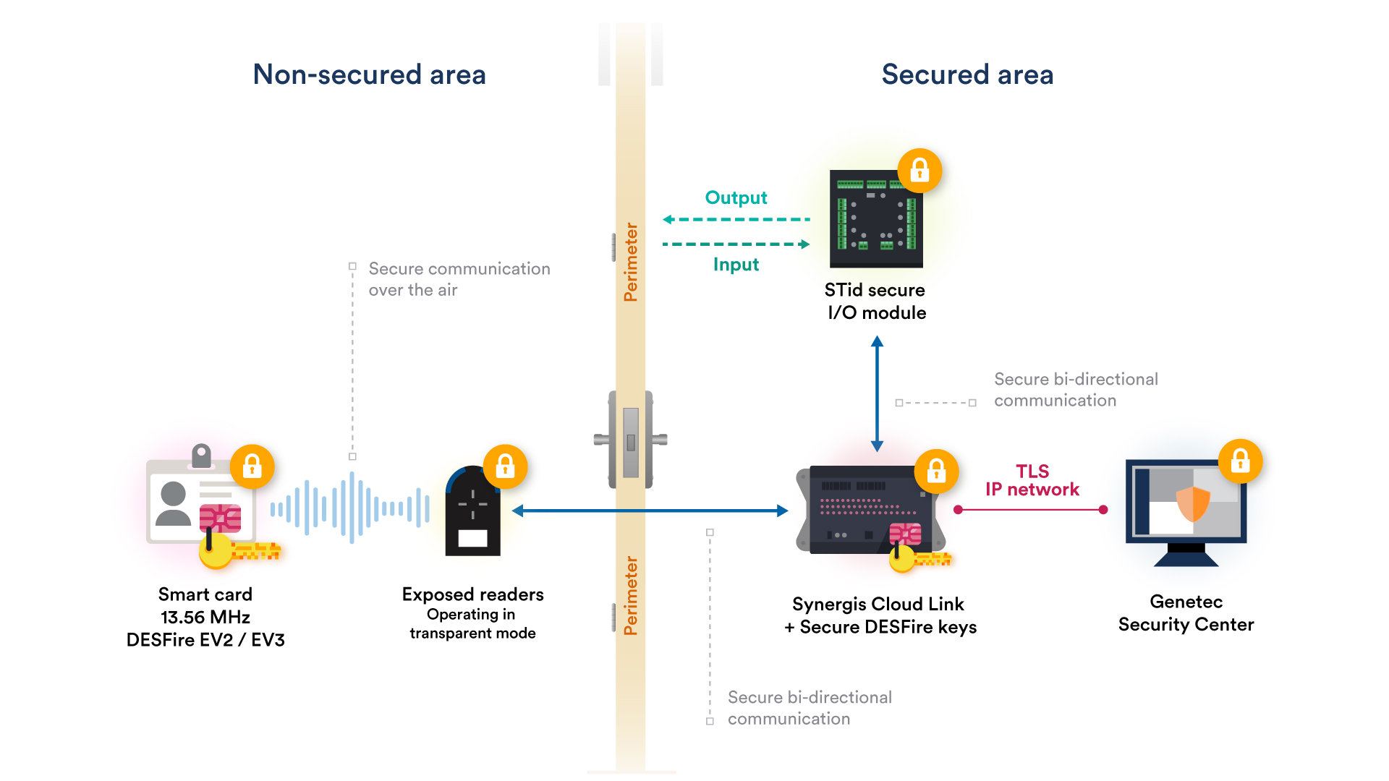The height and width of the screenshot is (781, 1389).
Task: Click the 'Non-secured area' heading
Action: tap(369, 74)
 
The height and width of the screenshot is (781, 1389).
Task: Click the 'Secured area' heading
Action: tap(967, 74)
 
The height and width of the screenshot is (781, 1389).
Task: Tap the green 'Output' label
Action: tap(736, 197)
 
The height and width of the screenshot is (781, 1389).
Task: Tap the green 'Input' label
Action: tap(736, 265)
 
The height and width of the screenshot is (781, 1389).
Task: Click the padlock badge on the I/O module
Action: tap(919, 171)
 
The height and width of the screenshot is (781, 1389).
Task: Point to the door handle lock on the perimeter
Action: tap(631, 440)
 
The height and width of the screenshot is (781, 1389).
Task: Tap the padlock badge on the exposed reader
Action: tap(505, 466)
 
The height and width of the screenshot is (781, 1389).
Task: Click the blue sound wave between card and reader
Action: tap(352, 508)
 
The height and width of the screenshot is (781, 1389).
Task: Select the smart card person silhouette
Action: tap(173, 503)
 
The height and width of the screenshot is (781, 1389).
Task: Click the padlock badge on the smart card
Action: tap(252, 466)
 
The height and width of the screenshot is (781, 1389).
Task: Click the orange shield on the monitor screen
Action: tap(1193, 503)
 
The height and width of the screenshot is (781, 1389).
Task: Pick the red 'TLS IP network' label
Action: tap(1032, 481)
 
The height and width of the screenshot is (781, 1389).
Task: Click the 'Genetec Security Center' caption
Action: tap(1186, 613)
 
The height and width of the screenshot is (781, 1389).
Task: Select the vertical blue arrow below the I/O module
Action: tap(877, 394)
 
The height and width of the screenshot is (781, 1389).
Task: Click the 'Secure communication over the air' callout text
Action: tap(459, 279)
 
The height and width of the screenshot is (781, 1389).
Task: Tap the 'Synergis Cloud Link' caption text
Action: tap(878, 604)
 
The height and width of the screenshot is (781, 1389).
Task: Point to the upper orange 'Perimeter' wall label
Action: tap(631, 262)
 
